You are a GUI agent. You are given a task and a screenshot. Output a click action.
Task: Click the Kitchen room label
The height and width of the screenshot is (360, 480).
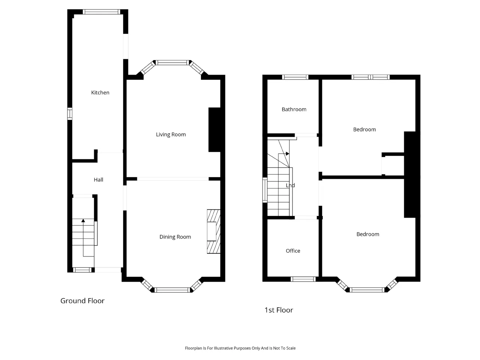[x=100, y=93]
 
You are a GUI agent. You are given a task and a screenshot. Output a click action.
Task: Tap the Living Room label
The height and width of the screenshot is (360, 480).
[x=171, y=135]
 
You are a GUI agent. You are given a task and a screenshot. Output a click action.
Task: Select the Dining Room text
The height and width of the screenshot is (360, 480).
[x=175, y=237]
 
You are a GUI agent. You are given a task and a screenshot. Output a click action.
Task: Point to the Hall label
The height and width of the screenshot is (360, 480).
[x=98, y=180]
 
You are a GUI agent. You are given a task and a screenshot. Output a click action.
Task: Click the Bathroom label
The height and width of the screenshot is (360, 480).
[x=294, y=109]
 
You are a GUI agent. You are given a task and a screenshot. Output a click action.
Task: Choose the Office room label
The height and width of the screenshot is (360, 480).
[x=293, y=251]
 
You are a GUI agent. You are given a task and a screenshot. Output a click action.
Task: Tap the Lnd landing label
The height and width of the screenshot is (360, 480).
[x=290, y=185]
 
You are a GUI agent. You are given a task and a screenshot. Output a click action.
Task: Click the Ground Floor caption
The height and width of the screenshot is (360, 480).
[x=82, y=301]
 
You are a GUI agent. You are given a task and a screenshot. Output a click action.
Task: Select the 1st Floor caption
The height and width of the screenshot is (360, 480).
[x=279, y=310]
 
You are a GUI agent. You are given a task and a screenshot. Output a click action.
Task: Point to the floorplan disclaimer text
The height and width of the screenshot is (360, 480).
[x=240, y=348]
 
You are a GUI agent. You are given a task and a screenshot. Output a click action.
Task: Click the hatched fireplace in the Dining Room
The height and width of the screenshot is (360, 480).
[x=214, y=231]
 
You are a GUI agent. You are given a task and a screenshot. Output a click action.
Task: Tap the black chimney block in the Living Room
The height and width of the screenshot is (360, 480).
[x=214, y=130]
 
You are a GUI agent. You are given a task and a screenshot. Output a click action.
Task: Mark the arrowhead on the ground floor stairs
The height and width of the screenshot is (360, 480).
[x=83, y=221]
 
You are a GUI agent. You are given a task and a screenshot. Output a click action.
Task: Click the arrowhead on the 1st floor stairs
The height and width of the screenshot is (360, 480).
[x=288, y=154]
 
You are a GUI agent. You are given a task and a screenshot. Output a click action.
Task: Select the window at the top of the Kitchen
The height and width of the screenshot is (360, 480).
[x=102, y=12]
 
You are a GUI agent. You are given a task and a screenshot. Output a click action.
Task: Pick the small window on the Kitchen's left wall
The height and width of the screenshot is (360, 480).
[x=70, y=114]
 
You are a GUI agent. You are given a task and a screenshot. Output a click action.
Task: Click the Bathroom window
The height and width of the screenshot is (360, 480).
[x=295, y=77]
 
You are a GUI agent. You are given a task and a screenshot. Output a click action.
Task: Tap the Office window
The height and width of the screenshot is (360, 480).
[x=303, y=279]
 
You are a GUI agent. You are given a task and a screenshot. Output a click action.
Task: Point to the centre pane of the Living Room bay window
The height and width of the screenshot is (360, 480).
[x=172, y=63]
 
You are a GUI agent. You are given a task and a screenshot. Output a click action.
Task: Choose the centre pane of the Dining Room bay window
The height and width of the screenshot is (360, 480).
[x=172, y=290]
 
